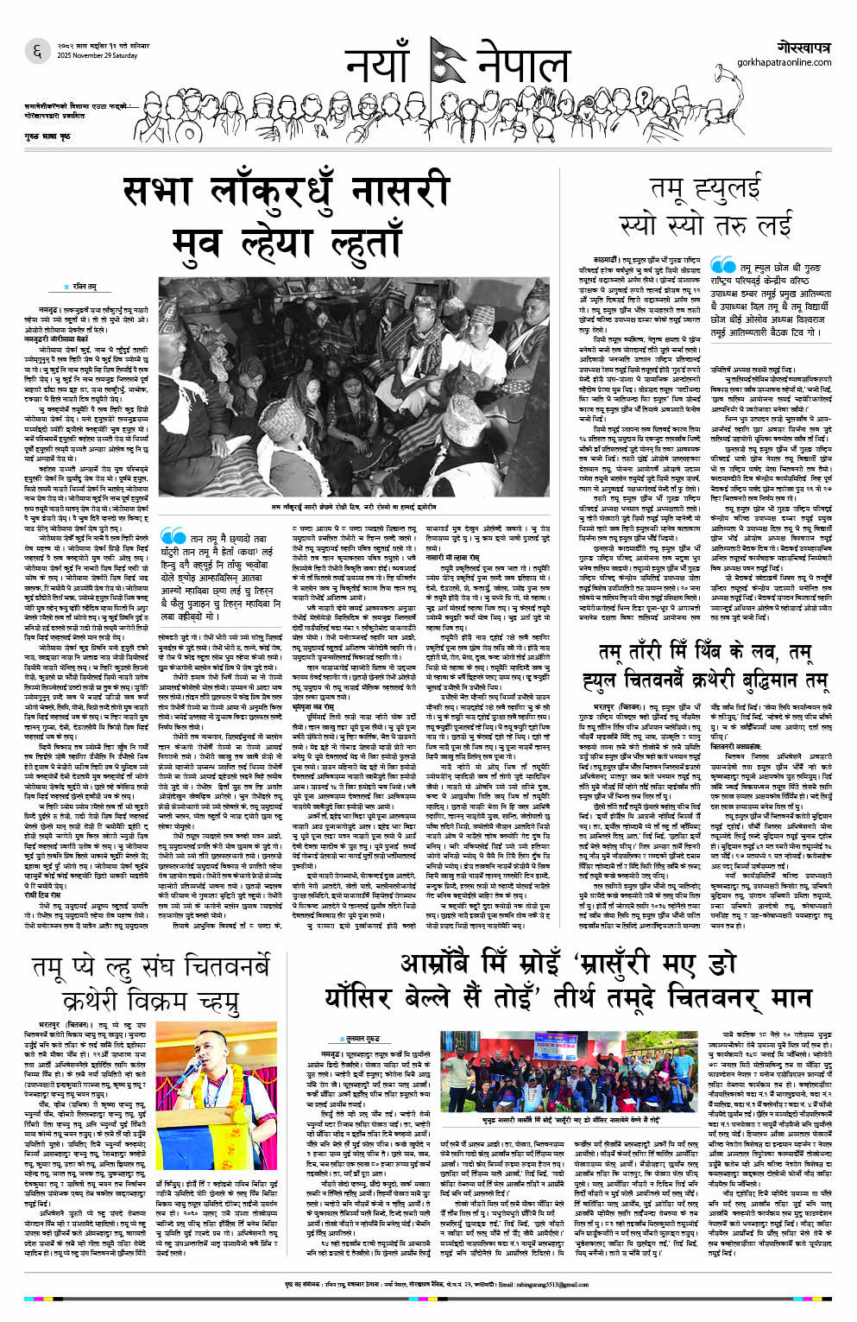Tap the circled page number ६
tap(36, 51)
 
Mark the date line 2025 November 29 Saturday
tap(98, 56)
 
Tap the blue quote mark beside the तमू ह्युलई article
tap(722, 268)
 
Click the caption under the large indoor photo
tap(355, 507)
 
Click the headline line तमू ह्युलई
tap(706, 186)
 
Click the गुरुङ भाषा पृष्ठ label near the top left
tap(47, 137)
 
